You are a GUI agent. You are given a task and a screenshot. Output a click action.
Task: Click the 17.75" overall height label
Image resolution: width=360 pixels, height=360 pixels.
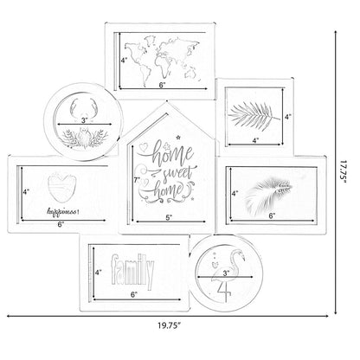tap(344, 182)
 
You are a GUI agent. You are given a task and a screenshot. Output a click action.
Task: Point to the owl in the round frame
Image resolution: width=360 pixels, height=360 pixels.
tap(86, 137)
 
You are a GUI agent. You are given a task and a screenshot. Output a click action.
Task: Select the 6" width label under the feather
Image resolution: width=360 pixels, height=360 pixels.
tap(270, 215)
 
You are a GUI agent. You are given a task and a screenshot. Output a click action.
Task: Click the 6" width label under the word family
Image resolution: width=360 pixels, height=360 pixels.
tap(133, 295)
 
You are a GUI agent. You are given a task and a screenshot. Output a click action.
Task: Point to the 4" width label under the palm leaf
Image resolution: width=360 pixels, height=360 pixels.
tap(256, 138)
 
